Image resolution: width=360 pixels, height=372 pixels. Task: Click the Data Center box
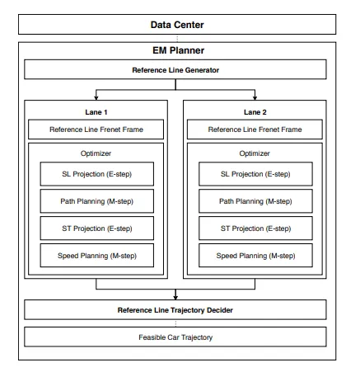(177, 25)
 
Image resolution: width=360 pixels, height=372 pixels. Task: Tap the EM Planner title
(178, 50)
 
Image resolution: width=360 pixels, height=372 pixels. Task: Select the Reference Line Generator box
(175, 69)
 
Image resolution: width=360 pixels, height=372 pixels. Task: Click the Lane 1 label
(96, 112)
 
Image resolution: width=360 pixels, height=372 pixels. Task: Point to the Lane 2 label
(255, 112)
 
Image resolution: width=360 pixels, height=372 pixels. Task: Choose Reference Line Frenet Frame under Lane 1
(96, 129)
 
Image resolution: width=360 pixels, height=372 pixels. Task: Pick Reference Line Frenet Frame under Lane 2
(255, 129)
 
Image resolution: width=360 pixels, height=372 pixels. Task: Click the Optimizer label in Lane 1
(96, 153)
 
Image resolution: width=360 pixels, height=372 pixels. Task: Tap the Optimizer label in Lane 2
(255, 153)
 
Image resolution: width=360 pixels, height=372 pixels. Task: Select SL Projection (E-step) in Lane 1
(97, 174)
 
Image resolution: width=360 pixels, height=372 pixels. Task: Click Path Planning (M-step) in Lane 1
(97, 201)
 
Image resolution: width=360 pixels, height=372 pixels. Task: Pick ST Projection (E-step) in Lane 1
(97, 228)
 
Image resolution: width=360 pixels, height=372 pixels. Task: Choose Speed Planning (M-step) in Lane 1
(97, 256)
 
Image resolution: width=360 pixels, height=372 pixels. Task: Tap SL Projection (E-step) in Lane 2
(255, 174)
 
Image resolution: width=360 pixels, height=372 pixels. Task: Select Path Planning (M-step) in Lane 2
(255, 201)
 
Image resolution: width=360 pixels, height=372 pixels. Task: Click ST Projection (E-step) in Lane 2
(255, 228)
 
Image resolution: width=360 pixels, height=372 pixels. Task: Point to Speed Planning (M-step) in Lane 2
(255, 256)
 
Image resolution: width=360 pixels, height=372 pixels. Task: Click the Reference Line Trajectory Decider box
(175, 310)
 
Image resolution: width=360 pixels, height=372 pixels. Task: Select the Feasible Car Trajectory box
(175, 337)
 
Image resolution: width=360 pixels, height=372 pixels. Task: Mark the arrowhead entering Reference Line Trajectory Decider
(175, 298)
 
